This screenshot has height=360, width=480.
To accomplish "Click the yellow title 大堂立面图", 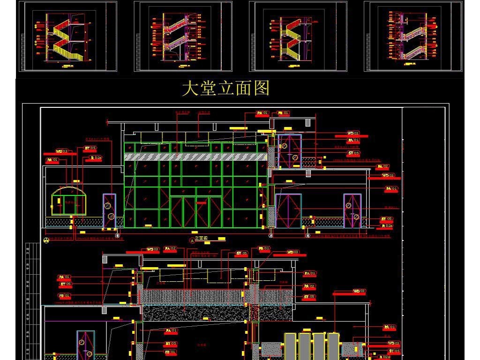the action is [x=225, y=88].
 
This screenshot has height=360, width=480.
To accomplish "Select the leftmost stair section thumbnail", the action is [x=67, y=36].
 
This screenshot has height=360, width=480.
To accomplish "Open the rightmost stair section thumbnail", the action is [x=413, y=36].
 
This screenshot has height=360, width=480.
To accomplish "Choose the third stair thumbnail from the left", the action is [x=298, y=36].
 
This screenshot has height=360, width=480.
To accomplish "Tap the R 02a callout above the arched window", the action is [x=96, y=158].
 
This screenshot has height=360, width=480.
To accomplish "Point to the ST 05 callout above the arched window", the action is [x=90, y=148].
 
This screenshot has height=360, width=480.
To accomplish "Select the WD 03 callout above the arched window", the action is [x=61, y=151].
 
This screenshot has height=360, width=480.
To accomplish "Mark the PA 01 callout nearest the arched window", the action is [x=52, y=160].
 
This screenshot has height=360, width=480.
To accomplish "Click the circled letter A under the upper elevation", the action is [x=192, y=240].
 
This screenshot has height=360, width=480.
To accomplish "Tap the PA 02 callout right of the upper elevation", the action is [x=382, y=166].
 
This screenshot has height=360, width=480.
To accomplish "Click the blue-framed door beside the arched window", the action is [x=109, y=210].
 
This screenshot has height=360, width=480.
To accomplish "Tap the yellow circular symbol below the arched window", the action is [x=46, y=240].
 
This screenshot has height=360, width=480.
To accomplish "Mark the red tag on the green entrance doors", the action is [x=202, y=203].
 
